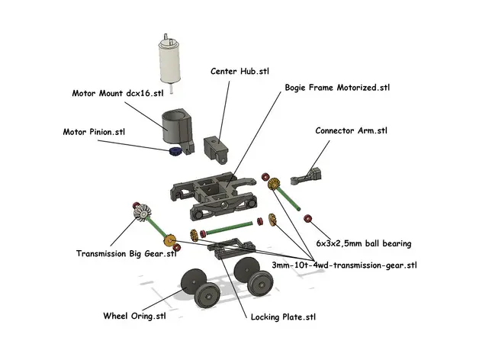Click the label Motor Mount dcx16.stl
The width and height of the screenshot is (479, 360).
(x=117, y=93)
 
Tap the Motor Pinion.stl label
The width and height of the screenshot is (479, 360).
(x=94, y=131)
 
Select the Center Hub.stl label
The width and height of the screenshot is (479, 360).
(x=239, y=71)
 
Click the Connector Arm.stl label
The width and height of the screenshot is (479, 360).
(x=351, y=130)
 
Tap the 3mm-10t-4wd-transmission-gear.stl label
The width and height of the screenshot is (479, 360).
(x=344, y=265)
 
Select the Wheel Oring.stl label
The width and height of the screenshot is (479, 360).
(x=134, y=316)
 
